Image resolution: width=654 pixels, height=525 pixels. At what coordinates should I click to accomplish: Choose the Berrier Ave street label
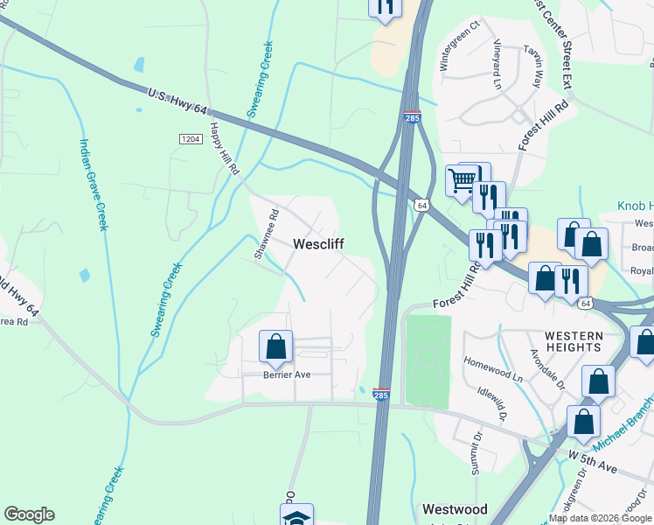[287, 374]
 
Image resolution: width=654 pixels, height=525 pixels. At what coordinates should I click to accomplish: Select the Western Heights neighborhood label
[574, 341]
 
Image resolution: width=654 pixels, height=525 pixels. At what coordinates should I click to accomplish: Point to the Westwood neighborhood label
[455, 508]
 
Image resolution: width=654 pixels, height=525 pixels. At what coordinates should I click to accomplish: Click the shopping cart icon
[462, 180]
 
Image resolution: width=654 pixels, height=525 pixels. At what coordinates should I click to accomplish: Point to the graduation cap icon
[296, 516]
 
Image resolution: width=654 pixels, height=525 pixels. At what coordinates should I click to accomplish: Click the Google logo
[29, 514]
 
